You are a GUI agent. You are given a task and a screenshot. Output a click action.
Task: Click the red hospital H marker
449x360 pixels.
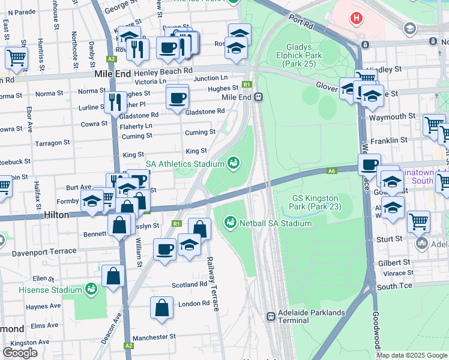coord(357,18)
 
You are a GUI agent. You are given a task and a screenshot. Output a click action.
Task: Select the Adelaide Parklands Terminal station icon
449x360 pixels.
coord(271,316)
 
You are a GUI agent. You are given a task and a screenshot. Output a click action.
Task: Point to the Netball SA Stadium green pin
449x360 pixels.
coord(229,223)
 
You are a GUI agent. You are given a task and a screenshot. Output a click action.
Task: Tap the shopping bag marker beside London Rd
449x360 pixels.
coord(161,307)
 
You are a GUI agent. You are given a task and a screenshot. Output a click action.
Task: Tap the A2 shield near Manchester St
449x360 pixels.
coord(128,346)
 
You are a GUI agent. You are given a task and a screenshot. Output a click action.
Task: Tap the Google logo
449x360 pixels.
coord(20,353)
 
